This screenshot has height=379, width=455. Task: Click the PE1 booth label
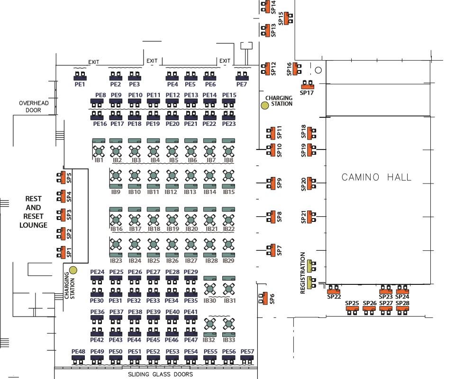click(80, 85)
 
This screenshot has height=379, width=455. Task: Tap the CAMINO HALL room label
click(376, 177)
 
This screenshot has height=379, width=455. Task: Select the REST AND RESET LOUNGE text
click(33, 212)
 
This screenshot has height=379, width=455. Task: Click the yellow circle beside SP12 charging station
click(265, 105)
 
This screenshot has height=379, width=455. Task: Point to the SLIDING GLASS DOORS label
click(161, 374)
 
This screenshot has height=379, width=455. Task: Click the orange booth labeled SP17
click(308, 86)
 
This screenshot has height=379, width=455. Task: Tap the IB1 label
click(100, 160)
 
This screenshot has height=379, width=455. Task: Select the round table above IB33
click(228, 324)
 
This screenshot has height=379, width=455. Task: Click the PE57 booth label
click(247, 352)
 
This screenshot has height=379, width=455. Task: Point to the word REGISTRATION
click(303, 273)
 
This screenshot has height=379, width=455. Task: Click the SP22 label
click(334, 297)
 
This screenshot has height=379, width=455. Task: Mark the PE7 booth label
click(242, 85)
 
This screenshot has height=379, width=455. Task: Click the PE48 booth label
click(78, 352)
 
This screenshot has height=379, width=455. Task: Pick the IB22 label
click(229, 229)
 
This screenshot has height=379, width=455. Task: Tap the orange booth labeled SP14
click(267, 7)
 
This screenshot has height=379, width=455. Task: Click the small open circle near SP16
click(318, 70)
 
